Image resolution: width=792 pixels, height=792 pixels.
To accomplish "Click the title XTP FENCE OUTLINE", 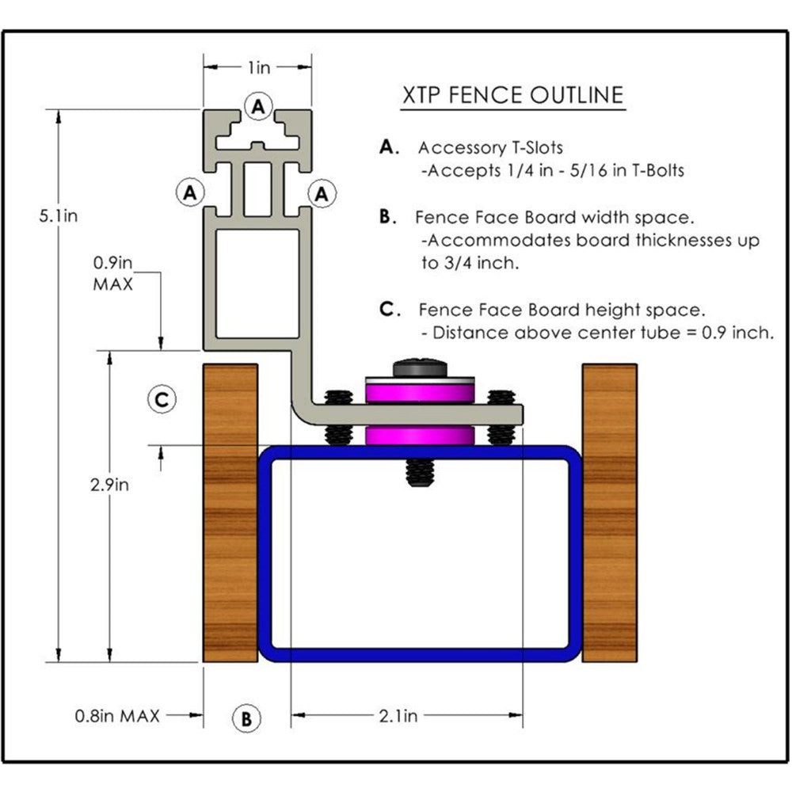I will (x=512, y=95).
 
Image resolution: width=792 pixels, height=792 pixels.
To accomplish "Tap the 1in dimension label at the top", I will (x=258, y=68).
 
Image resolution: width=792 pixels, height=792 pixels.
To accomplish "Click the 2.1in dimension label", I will (x=398, y=716).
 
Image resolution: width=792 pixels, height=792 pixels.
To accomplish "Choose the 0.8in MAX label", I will (x=117, y=716).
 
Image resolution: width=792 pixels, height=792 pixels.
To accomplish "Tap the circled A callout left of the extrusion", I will (x=189, y=192).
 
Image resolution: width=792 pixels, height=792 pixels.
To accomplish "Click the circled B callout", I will (x=246, y=718).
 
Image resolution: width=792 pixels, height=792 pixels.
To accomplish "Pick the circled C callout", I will (x=162, y=400).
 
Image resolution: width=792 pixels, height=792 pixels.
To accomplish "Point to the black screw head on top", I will (x=419, y=368).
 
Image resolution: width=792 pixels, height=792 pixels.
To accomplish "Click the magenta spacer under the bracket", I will (x=419, y=436).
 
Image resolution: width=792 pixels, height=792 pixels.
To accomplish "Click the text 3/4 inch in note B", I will (x=470, y=263).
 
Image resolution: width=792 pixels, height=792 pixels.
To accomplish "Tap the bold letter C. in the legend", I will (x=390, y=309).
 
